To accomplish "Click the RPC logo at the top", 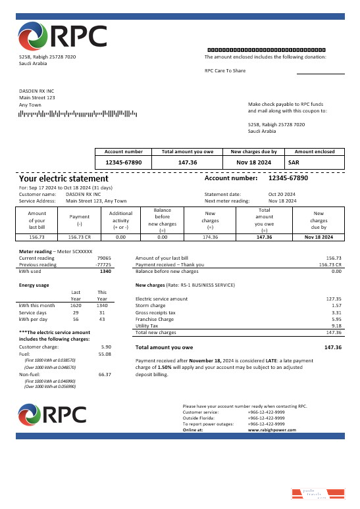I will (63, 37).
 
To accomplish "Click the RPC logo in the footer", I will (53, 414).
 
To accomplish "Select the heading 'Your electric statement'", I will (63, 178).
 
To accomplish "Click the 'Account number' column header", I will (124, 151).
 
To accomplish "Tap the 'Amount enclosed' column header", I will (314, 151).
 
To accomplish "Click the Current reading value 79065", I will (103, 258).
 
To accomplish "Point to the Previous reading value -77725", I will (103, 265).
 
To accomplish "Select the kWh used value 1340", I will (105, 271).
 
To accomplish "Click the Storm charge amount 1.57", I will (336, 306).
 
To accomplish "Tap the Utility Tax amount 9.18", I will (336, 326).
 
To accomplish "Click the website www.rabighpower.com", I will (272, 429).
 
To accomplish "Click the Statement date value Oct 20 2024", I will (282, 195).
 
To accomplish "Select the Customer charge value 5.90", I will (105, 347).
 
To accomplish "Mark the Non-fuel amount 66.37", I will (104, 374).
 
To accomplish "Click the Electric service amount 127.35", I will (334, 299).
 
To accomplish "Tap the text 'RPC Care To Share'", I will (225, 70).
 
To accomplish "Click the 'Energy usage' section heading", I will (34, 285).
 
